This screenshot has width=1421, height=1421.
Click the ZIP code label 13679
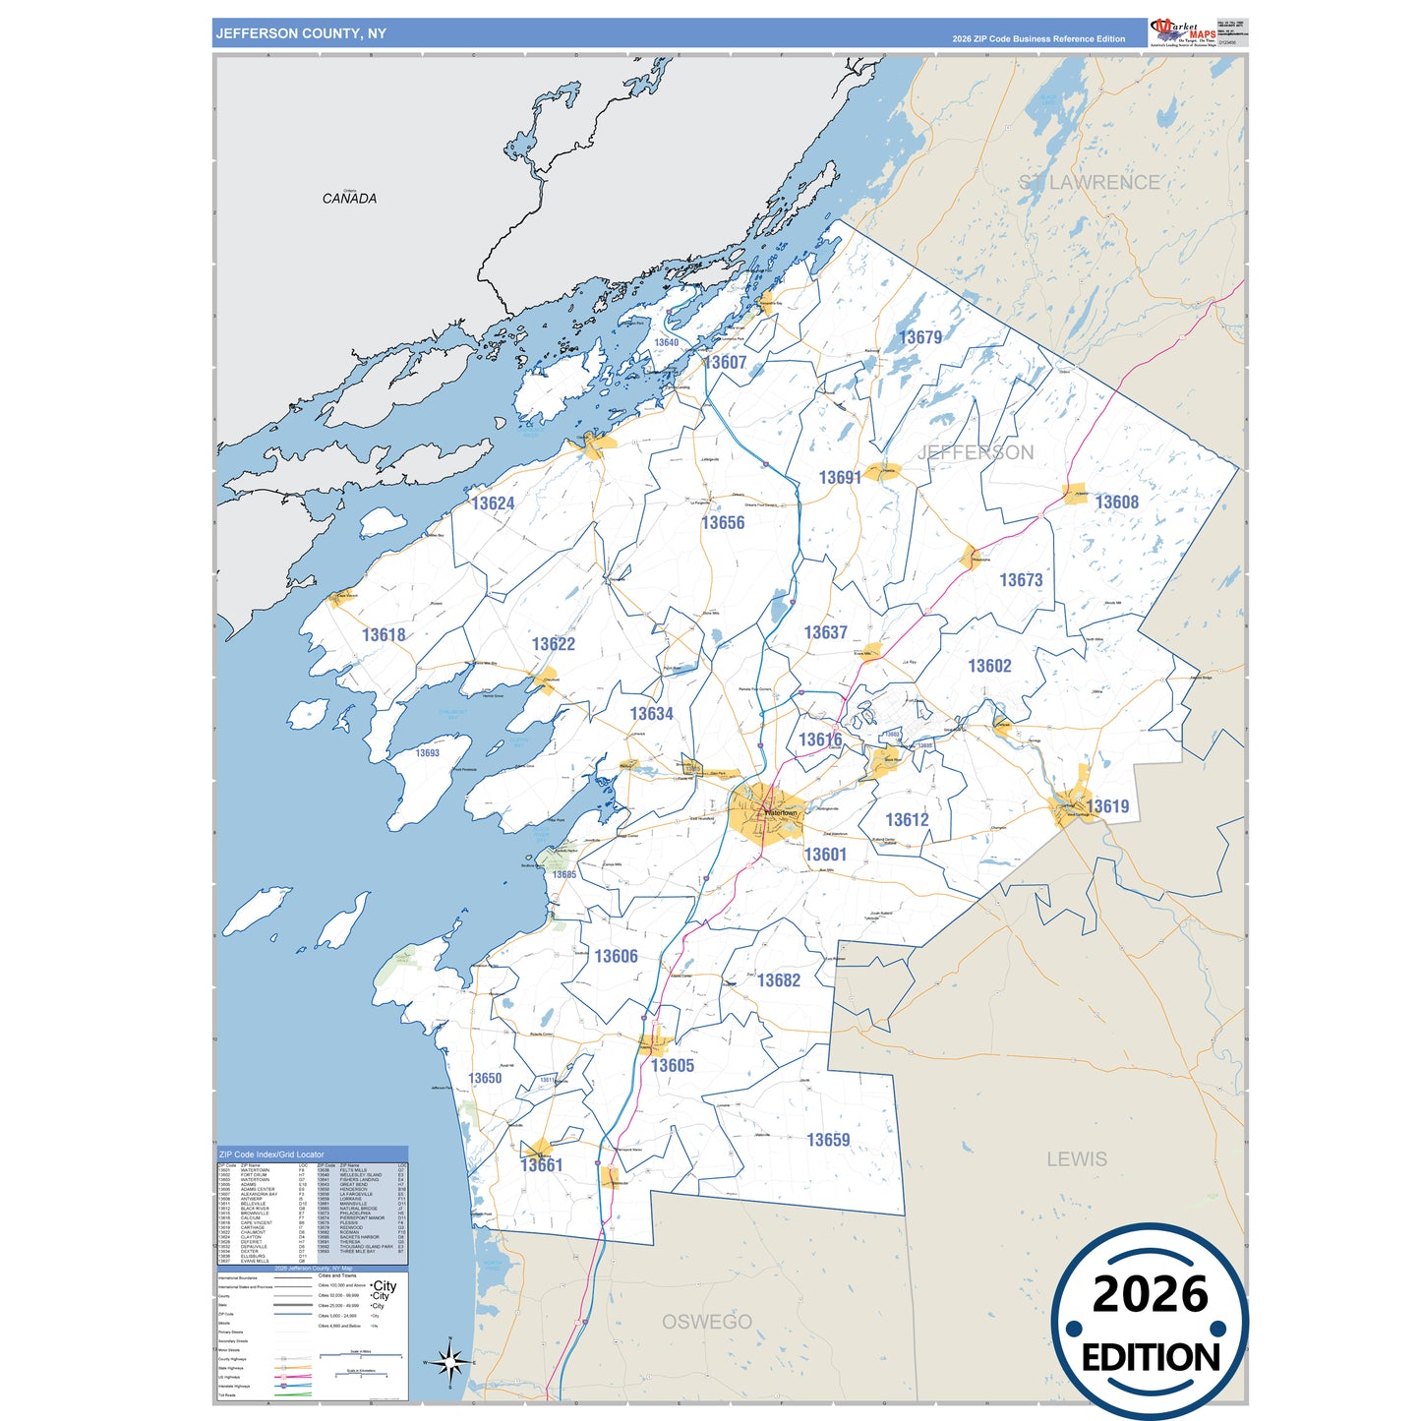[x=919, y=337]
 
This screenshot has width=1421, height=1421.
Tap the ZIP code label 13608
[x=1116, y=503]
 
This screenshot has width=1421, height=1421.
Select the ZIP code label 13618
[x=384, y=635]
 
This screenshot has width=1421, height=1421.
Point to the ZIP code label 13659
[x=828, y=1140]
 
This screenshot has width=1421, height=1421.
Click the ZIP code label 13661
[x=541, y=1165]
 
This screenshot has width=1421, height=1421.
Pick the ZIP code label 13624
[x=493, y=503]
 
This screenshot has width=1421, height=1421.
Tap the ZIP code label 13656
[x=723, y=523]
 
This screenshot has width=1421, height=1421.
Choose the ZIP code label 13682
[x=778, y=980]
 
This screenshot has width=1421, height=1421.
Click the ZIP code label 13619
[x=1107, y=806]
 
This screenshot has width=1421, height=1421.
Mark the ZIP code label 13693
[x=427, y=753]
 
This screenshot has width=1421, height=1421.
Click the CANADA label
[x=349, y=199]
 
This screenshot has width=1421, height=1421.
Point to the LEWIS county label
[x=1077, y=1159]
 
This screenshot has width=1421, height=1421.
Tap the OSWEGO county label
[x=706, y=1322]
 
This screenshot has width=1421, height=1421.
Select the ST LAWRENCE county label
[x=1089, y=183]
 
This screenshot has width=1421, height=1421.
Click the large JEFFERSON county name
[x=976, y=452]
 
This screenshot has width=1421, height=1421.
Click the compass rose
[x=450, y=1362]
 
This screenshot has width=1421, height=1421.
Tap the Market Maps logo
[x=1183, y=31]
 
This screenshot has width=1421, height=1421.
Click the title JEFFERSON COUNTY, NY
[x=301, y=33]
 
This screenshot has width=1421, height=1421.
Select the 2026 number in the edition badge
[x=1150, y=1294]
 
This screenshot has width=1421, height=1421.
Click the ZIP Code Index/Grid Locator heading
[x=271, y=1155]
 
